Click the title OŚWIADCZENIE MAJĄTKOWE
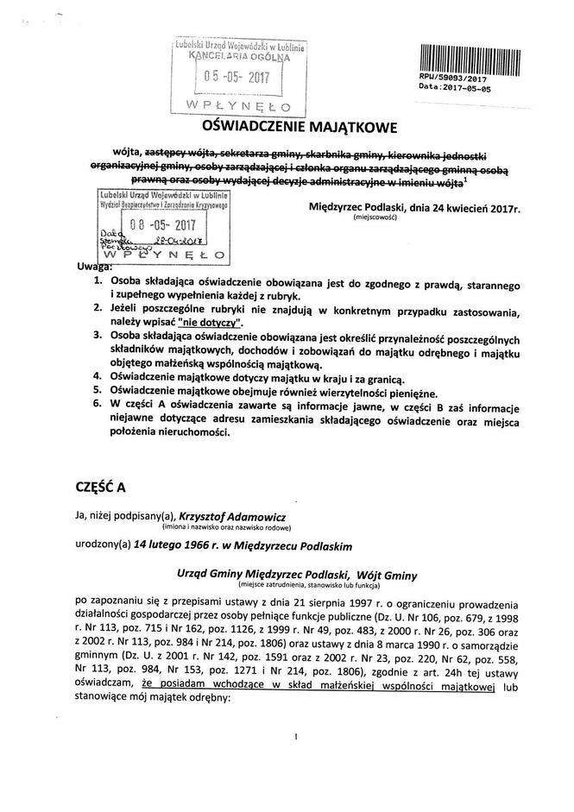point(286,128)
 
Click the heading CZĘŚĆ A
point(102,487)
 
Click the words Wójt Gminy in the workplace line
point(378,574)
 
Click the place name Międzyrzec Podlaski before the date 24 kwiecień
point(366,208)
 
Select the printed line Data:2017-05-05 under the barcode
point(454,88)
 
